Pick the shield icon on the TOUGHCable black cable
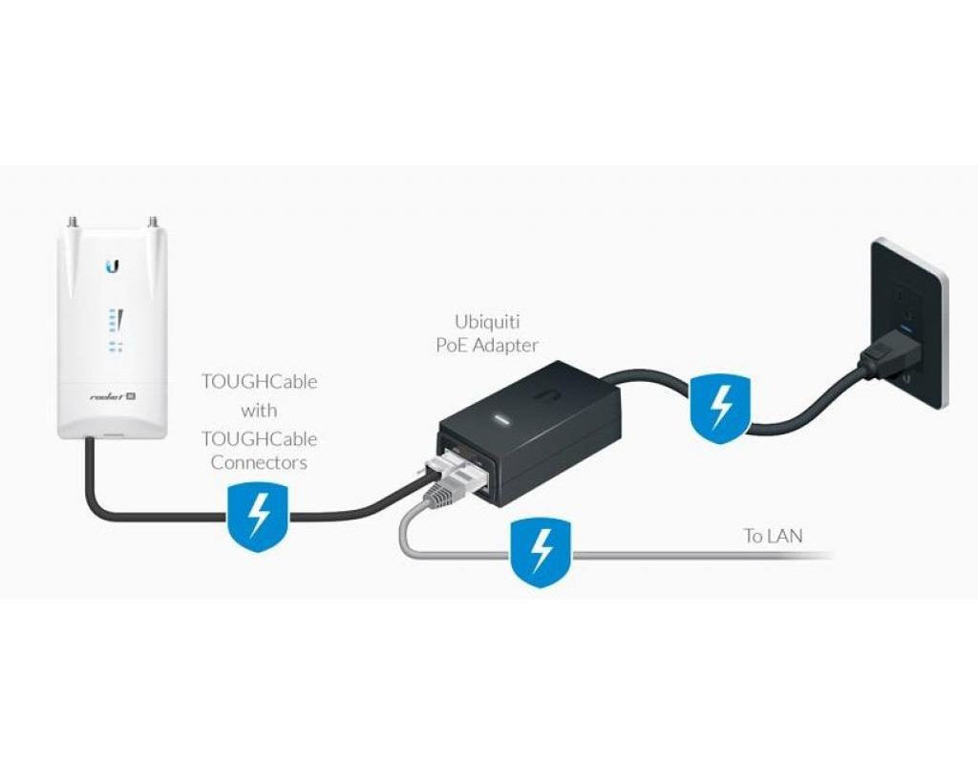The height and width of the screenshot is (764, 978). pyautogui.click(x=258, y=516)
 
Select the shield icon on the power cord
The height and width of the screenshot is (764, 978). pyautogui.click(x=718, y=409)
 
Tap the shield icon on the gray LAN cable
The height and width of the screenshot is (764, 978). pyautogui.click(x=542, y=553)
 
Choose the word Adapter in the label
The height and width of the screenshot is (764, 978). pyautogui.click(x=506, y=345)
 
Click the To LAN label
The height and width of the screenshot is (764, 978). pyautogui.click(x=773, y=536)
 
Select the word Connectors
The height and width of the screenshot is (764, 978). pyautogui.click(x=259, y=462)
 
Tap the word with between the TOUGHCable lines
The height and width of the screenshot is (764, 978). pyautogui.click(x=259, y=410)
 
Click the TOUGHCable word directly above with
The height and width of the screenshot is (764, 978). pyautogui.click(x=259, y=381)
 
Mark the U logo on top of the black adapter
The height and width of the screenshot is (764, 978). pyautogui.click(x=551, y=392)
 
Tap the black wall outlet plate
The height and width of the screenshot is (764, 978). pyautogui.click(x=908, y=320)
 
